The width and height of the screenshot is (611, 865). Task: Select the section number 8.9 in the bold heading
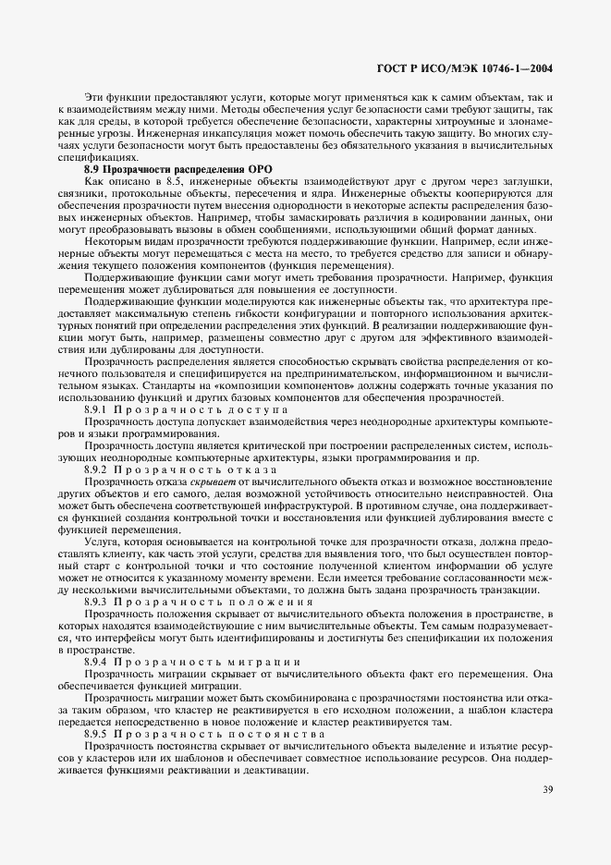[92, 168]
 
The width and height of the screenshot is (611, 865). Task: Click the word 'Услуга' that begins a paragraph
[101, 541]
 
